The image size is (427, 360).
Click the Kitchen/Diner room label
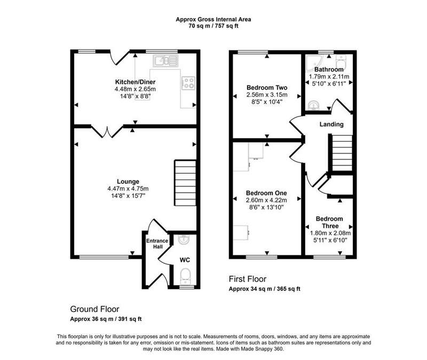(135, 82)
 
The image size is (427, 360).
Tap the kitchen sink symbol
(165, 61)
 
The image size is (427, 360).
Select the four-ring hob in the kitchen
(188, 83)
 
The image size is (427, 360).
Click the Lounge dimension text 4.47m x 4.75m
(128, 189)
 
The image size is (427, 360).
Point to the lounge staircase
(185, 183)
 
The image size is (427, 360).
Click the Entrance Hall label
(157, 244)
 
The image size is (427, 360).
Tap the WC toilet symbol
(186, 276)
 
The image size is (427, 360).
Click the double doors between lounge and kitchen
(107, 131)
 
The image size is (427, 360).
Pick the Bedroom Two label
(267, 88)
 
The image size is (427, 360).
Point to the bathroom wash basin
(314, 105)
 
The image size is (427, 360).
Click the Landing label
(331, 124)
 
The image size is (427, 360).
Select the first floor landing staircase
(342, 153)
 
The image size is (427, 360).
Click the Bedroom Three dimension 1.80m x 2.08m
(330, 233)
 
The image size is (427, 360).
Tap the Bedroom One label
(266, 193)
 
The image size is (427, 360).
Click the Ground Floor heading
(95, 309)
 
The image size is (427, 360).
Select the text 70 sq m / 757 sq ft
(213, 26)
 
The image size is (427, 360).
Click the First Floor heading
(248, 279)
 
